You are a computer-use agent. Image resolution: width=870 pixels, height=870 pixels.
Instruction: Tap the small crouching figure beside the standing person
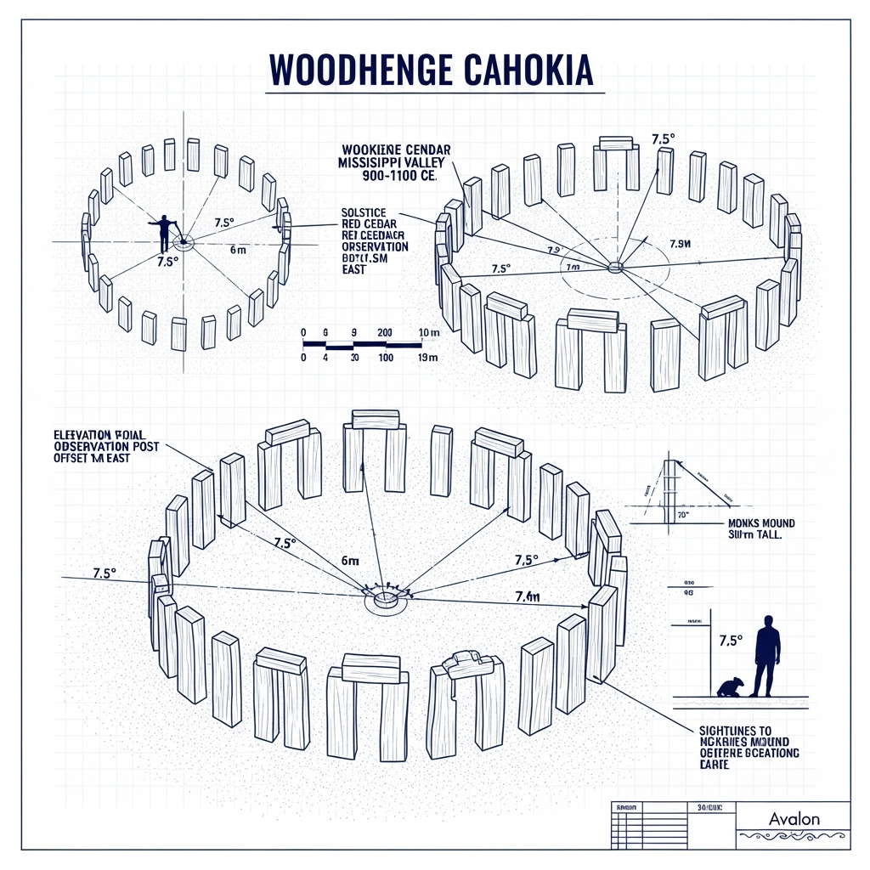pos(730,686)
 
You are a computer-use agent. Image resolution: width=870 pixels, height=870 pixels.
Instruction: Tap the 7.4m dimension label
pos(527,596)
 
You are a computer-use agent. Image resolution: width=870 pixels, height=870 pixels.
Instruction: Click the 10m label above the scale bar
pos(427,332)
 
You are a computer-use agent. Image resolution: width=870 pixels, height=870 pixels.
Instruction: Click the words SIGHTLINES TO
pos(736,729)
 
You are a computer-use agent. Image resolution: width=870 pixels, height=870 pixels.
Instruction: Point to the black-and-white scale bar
pos(362,345)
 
